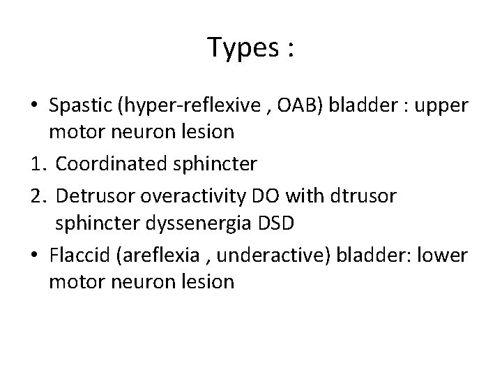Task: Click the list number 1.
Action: pyautogui.click(x=38, y=164)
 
